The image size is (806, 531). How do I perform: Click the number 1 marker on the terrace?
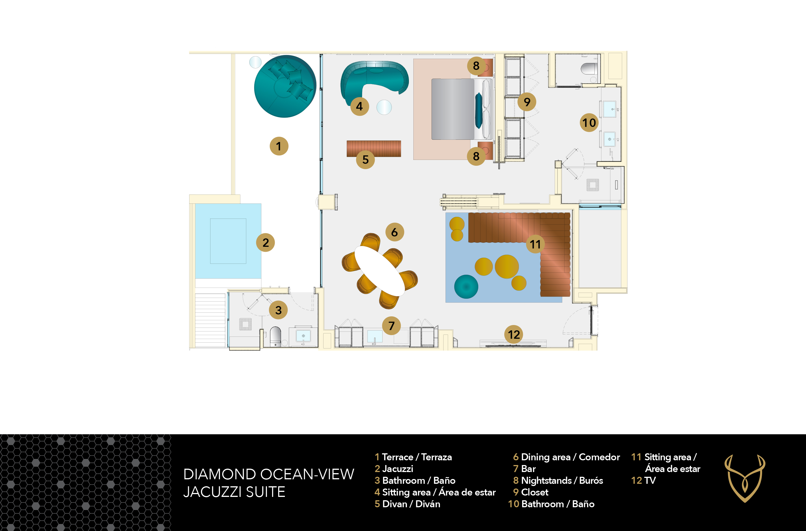[279, 146]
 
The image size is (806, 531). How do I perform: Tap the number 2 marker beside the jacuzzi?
[266, 243]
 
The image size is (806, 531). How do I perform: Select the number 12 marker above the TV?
[514, 335]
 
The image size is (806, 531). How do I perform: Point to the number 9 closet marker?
[527, 102]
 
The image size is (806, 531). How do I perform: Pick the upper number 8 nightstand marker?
[476, 66]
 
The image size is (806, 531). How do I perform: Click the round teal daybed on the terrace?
[285, 86]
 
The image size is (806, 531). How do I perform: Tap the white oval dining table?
[380, 271]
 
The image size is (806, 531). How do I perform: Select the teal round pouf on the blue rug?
[466, 286]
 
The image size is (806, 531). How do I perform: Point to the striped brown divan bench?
[374, 149]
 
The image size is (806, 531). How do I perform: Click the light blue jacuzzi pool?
[228, 241]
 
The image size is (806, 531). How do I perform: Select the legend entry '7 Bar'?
[524, 469]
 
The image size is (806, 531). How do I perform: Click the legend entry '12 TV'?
[643, 480]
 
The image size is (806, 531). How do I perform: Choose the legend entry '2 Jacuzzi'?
[394, 469]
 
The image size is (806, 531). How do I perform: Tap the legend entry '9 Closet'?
[531, 492]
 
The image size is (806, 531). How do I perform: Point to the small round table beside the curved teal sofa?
[384, 107]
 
